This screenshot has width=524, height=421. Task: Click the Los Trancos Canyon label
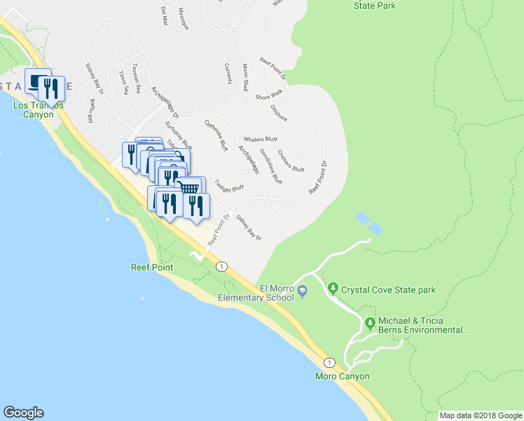point(38,109)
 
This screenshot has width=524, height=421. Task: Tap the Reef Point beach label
point(151,267)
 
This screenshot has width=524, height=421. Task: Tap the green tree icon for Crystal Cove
point(334,288)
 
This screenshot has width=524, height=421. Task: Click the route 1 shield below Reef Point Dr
point(221,267)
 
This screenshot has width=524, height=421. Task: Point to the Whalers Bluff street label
point(261,140)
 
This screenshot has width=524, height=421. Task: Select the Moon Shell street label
point(245,77)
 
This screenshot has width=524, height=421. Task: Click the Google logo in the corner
point(23,413)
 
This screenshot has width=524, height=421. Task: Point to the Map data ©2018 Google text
point(480,416)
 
